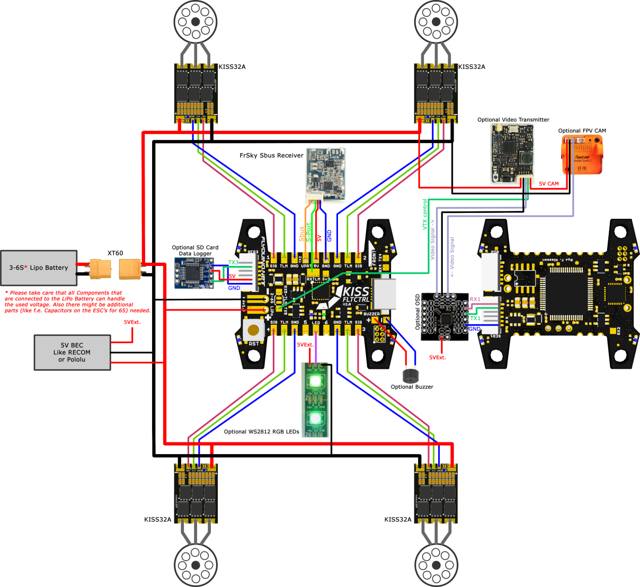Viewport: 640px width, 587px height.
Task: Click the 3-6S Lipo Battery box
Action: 39,268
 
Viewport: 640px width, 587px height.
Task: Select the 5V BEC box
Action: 72,352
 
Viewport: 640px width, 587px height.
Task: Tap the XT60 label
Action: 115,253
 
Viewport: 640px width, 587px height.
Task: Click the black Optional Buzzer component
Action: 410,376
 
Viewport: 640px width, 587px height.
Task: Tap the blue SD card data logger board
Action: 194,273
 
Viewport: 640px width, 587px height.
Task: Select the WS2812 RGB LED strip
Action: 315,400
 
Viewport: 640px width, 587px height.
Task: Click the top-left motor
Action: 195,22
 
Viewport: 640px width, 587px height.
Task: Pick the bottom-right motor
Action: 435,565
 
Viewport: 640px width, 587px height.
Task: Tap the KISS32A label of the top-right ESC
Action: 472,67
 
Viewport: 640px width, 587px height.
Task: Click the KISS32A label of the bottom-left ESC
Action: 158,520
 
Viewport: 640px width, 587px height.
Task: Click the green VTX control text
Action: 424,215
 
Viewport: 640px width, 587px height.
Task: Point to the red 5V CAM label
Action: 549,184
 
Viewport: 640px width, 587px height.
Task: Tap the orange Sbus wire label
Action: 302,234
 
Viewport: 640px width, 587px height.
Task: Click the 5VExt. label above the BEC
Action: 132,322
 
